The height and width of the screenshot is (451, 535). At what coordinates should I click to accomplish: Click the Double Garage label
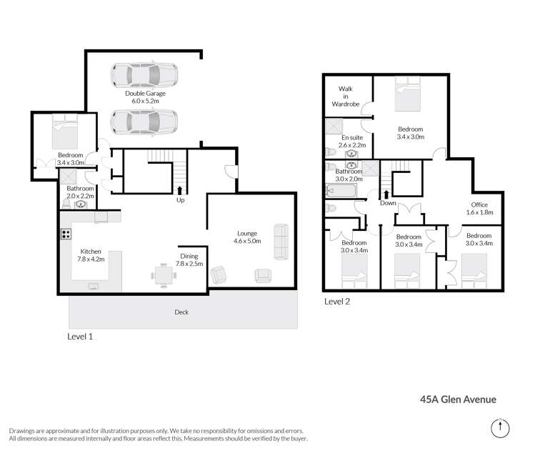145,98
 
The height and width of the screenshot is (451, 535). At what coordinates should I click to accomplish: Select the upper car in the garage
145,75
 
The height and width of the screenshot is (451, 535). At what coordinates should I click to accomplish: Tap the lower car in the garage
145,124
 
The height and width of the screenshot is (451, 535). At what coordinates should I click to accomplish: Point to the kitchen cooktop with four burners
66,234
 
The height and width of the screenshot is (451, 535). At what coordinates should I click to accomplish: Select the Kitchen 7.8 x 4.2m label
91,256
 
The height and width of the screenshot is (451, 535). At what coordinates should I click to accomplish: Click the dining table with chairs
162,274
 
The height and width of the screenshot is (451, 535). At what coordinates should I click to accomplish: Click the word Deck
182,312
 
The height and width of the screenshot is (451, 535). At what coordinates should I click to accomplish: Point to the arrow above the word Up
179,189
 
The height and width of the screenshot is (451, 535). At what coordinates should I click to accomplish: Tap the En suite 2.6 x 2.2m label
353,141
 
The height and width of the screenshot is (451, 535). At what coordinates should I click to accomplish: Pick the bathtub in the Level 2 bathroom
340,191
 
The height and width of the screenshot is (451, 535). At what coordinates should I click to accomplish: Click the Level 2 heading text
337,302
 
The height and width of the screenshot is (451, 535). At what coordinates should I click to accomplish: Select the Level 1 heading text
80,336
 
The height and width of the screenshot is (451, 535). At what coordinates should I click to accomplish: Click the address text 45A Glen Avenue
458,400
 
